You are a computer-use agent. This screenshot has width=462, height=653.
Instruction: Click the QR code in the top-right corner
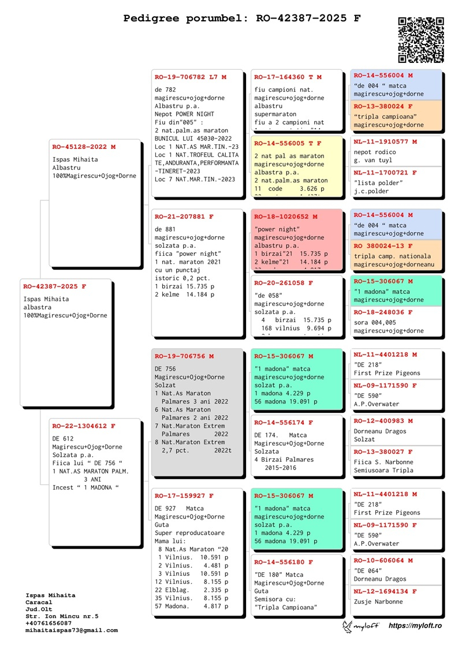click(x=421, y=40)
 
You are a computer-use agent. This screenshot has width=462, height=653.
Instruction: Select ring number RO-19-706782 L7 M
click(x=191, y=77)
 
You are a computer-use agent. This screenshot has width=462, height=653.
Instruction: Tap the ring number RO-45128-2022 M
click(x=84, y=147)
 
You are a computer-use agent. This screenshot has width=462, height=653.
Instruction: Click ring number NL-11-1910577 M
click(x=385, y=141)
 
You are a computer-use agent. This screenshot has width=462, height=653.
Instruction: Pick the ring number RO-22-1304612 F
click(x=84, y=426)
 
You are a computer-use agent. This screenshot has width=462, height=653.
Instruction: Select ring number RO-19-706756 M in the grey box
click(x=184, y=356)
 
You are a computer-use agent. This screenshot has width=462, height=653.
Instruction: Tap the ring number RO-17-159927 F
click(x=184, y=495)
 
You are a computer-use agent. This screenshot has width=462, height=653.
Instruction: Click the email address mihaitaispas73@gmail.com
click(x=72, y=630)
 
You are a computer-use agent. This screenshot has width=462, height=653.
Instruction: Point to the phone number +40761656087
click(x=50, y=624)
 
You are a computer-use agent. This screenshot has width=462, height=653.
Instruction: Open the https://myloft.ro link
click(x=415, y=626)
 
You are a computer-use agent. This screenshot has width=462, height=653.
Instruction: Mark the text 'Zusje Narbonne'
click(x=378, y=602)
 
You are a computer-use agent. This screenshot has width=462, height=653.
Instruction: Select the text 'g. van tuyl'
click(x=374, y=161)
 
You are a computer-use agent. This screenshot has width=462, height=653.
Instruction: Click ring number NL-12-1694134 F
click(x=385, y=592)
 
